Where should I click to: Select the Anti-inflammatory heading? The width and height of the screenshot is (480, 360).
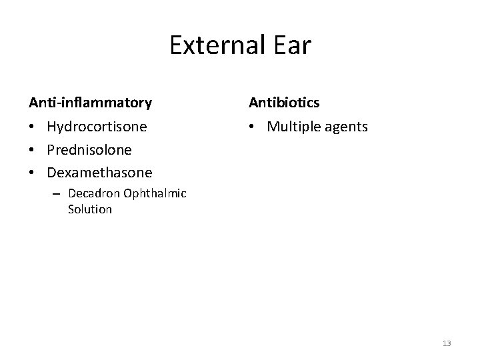point(90,103)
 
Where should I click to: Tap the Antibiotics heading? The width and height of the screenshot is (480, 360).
point(285,103)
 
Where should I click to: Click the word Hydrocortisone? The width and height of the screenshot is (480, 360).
point(97,126)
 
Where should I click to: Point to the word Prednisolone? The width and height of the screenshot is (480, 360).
point(89,149)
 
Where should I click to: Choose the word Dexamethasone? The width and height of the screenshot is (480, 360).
point(99,173)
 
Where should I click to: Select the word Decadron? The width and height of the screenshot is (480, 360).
point(95,194)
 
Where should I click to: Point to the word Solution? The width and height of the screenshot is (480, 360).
point(90,209)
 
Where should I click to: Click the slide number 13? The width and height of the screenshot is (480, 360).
point(447,343)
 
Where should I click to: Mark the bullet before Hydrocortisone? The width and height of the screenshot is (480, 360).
point(33,127)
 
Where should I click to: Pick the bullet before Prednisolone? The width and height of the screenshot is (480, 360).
point(33,150)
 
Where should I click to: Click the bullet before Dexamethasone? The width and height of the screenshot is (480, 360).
point(33,173)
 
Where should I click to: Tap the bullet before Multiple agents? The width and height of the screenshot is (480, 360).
point(253,127)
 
